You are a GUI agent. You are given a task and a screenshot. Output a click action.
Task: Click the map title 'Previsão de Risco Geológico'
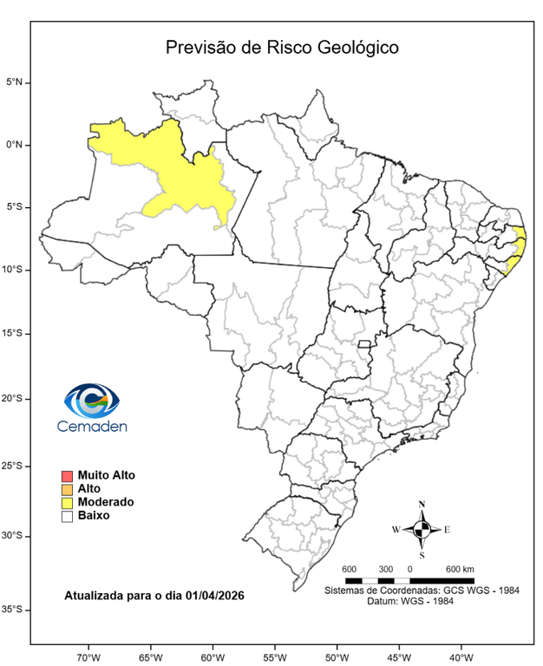click(x=282, y=48)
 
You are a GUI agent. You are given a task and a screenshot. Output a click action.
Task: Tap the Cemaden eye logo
click(x=91, y=401)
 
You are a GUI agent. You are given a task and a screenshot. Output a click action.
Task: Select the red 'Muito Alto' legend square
click(x=66, y=476)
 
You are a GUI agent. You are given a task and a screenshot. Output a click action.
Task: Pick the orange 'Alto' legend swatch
click(x=66, y=489)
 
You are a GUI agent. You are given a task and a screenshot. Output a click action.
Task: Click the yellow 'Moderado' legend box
click(x=66, y=502)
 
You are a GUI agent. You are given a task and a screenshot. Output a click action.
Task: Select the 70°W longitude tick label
click(x=88, y=656)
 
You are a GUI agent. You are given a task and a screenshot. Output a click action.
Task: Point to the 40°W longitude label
click(x=461, y=656)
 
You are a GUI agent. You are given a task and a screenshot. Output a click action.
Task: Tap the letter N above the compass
click(x=422, y=505)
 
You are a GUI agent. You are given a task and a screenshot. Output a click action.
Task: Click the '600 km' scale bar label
click(x=459, y=569)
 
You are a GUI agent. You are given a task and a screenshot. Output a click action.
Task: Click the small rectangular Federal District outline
click(x=364, y=344)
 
